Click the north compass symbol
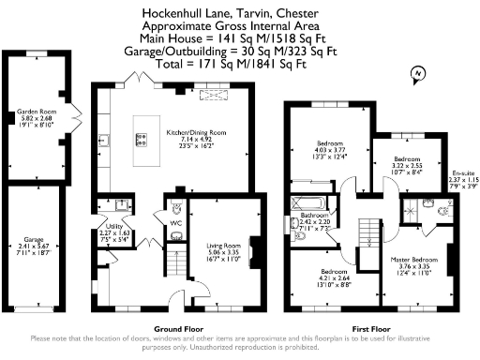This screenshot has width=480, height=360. [x=418, y=74]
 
